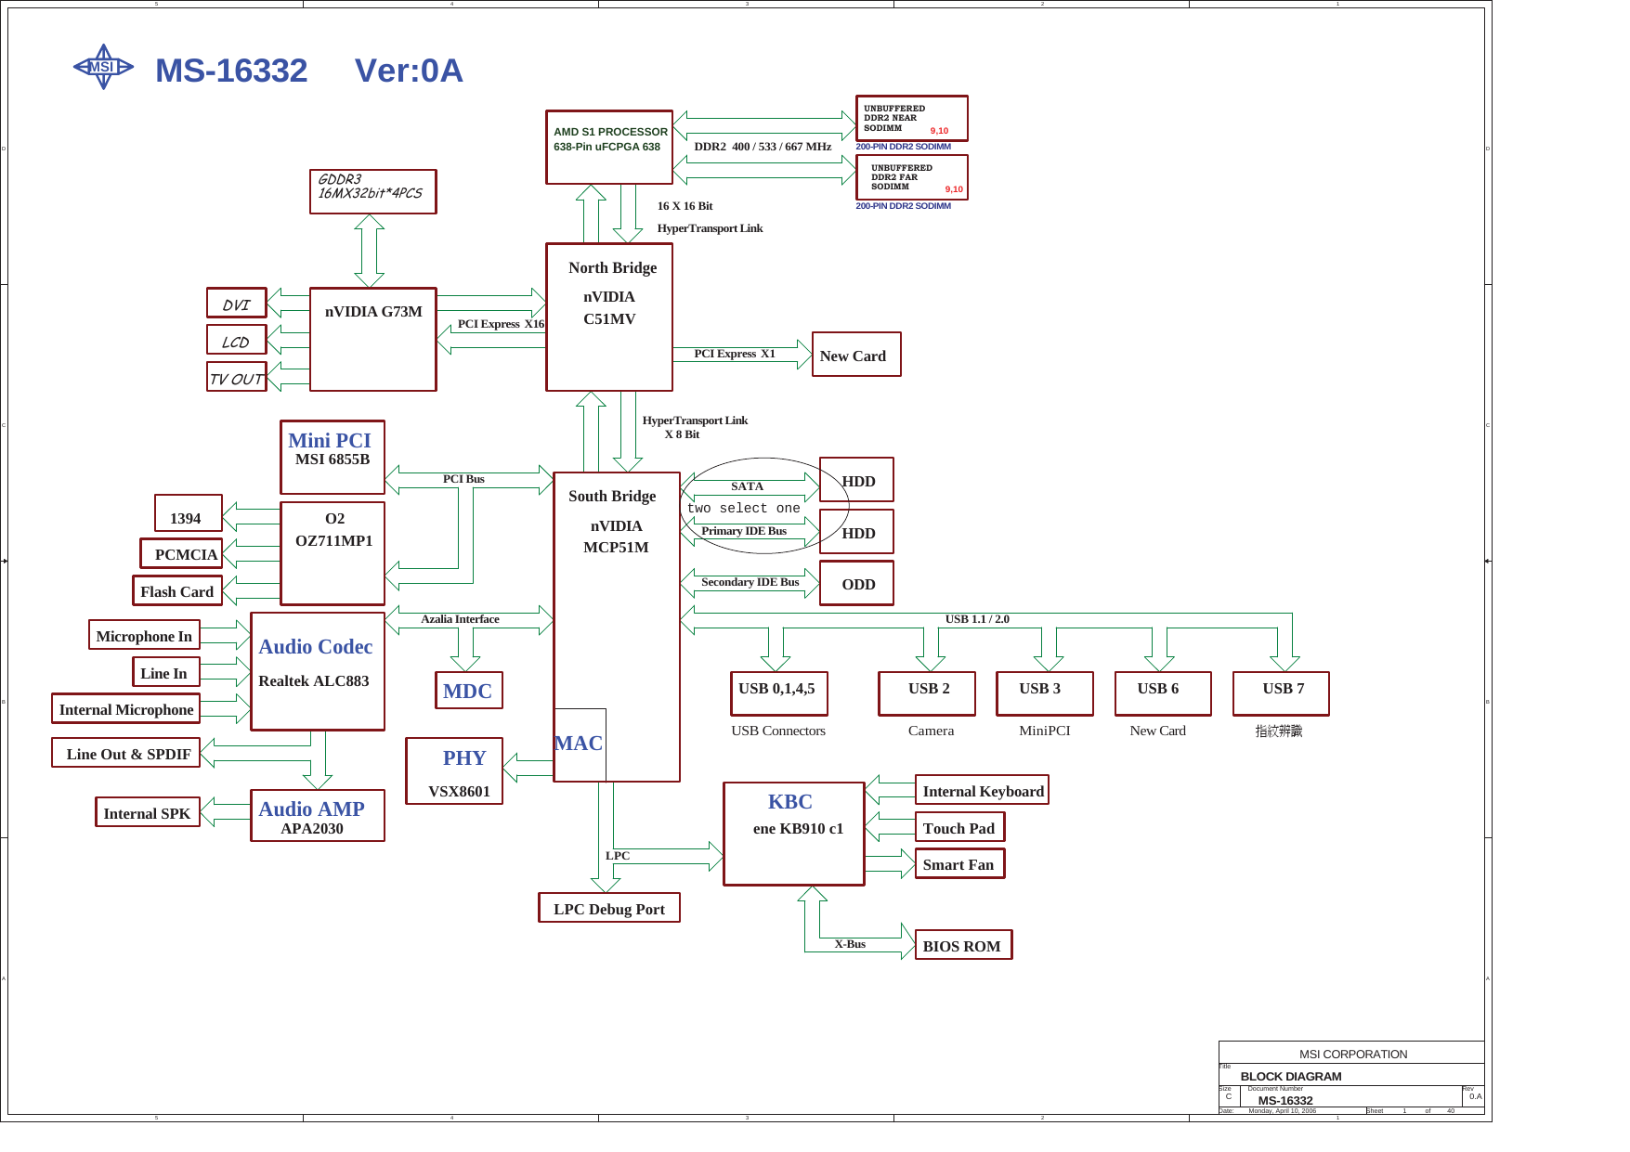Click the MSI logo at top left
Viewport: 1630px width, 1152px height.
[x=103, y=67]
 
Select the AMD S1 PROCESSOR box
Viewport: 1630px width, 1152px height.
[x=608, y=147]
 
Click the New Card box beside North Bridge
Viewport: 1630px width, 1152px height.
[x=855, y=355]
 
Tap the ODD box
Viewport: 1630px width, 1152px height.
[x=856, y=583]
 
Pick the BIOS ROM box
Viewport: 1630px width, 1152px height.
[x=962, y=945]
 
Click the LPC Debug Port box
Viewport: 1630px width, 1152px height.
[x=608, y=908]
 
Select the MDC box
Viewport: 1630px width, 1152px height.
[x=468, y=691]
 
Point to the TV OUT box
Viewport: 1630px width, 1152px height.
[x=236, y=377]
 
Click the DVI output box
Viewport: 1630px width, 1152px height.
[x=236, y=304]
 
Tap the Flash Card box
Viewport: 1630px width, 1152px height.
[x=176, y=590]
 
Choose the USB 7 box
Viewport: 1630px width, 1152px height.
[x=1281, y=693]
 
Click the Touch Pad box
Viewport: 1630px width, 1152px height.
[x=958, y=827]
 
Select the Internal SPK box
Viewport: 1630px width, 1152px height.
[x=147, y=812]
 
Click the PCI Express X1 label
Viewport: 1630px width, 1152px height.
[x=734, y=354]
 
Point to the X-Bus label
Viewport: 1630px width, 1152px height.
[x=849, y=944]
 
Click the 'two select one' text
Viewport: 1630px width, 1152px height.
[x=743, y=508]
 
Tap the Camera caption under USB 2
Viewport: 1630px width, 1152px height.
[x=931, y=731]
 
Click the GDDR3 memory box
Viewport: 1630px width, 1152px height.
[x=372, y=191]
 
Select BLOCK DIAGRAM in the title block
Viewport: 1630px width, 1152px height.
[x=1290, y=1076]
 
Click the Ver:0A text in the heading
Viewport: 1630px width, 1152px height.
[x=409, y=71]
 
